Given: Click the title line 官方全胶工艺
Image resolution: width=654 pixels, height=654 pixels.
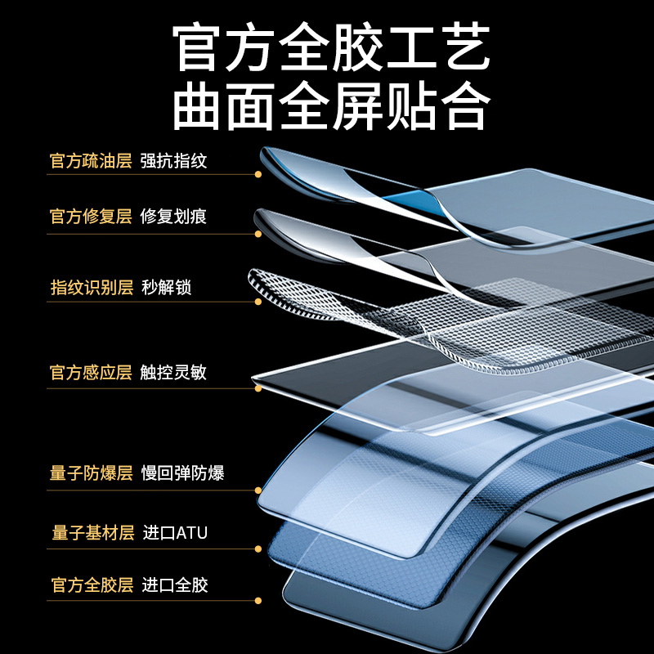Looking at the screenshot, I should coord(331,47).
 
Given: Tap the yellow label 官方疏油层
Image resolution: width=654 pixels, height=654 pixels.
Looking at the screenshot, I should coord(90,160).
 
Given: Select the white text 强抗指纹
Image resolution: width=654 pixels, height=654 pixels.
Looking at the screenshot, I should coord(173,160).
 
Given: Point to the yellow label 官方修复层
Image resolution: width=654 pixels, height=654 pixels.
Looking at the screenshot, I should coord(90,217).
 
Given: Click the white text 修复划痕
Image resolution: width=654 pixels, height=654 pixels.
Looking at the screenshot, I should coord(173,217).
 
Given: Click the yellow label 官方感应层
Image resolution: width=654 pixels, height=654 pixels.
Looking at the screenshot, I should coord(90,373).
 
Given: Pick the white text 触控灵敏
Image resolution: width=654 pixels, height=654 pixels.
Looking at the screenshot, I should coord(173,373).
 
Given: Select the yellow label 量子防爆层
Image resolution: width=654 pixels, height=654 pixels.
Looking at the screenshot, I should coord(90,473).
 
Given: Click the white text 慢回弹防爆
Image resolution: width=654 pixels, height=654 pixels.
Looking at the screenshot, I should coord(182,473).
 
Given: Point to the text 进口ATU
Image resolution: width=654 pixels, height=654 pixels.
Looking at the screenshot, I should coord(175,533).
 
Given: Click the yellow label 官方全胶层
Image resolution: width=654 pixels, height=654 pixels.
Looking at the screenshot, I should coord(90,585).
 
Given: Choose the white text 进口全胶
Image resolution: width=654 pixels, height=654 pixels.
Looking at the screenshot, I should coord(175,585).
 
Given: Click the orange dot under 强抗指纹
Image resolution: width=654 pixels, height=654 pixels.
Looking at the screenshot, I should coord(258,174).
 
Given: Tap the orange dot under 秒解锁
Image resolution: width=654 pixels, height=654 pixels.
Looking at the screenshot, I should coord(258,302).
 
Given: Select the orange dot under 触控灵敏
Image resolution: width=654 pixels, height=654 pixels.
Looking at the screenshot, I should coord(258,388).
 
